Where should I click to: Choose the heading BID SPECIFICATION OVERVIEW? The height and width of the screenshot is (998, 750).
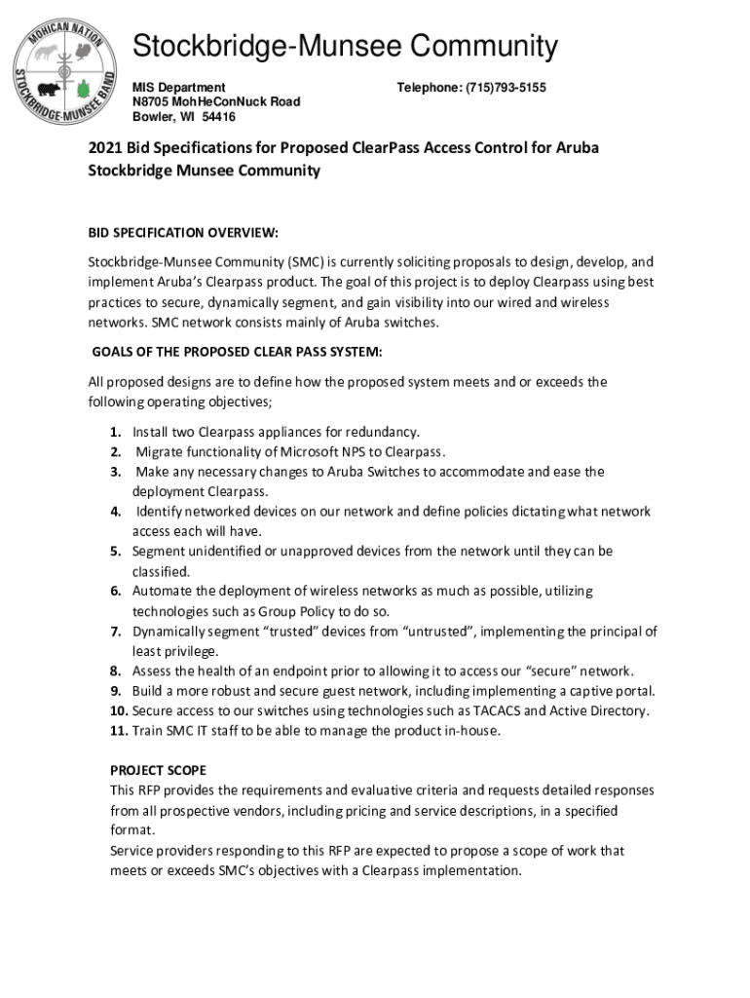(x=183, y=233)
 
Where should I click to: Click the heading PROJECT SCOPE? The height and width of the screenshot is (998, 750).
(x=158, y=770)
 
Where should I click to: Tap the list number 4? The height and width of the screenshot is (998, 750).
(x=115, y=512)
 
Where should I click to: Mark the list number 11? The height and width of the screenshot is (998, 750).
(x=117, y=730)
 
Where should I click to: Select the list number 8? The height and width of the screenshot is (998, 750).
(x=115, y=671)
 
